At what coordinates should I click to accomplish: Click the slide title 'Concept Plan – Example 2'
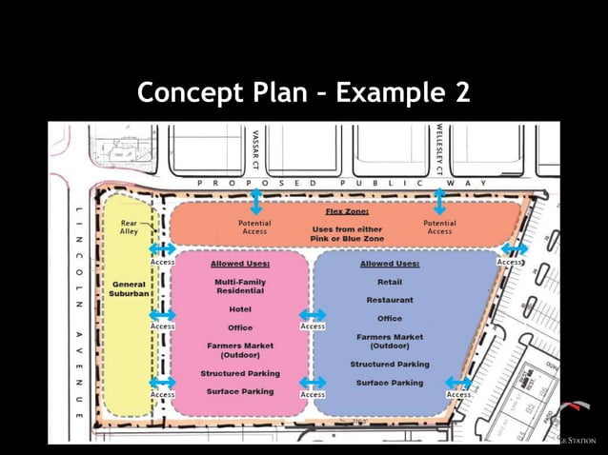coord(304,93)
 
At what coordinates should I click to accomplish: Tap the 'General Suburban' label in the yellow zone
coord(129,289)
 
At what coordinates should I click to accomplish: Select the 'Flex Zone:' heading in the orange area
coord(347,211)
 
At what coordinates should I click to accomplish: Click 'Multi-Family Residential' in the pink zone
coord(239,287)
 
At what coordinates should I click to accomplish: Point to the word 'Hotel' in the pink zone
coord(239,309)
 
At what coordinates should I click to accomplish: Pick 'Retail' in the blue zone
coord(390,283)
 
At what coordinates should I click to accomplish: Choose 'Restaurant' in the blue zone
coord(390,300)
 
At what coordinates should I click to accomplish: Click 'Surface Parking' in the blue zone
coord(390,383)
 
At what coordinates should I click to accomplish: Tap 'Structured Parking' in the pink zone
coord(239,373)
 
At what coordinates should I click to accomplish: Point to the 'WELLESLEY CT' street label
coord(438,144)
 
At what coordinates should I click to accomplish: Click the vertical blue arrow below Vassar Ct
coord(255,201)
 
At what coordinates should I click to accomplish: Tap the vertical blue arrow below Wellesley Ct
coord(438,201)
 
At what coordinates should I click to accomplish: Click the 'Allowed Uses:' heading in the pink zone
coord(239,264)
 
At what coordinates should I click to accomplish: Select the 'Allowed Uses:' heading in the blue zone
coord(390,264)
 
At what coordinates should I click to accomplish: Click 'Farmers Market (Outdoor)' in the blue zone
coord(390,342)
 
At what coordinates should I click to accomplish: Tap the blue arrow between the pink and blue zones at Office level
coord(313,315)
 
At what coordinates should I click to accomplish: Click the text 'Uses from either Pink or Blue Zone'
coord(347,233)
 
